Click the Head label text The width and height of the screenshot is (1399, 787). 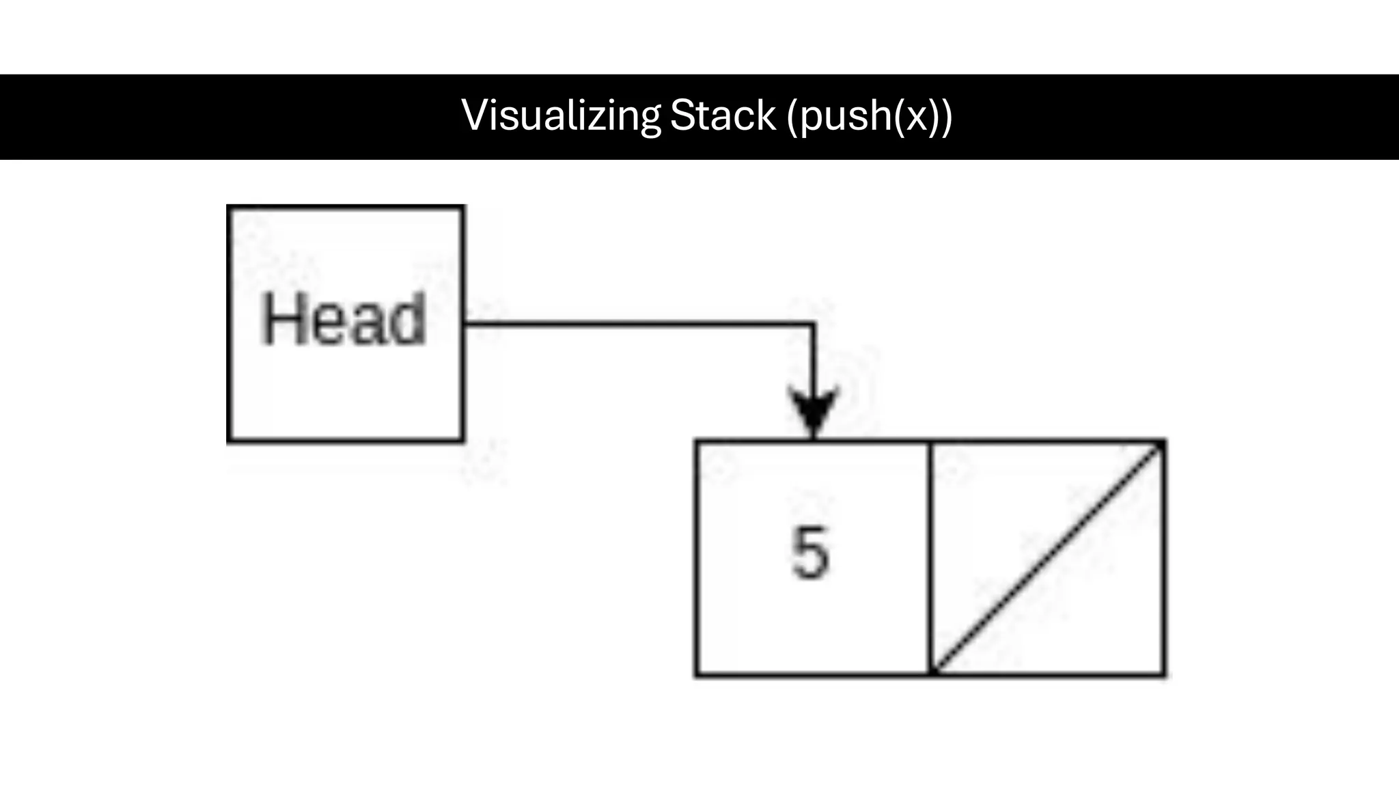pyautogui.click(x=344, y=320)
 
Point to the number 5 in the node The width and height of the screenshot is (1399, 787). pyautogui.click(x=811, y=554)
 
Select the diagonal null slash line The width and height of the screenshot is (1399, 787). pyautogui.click(x=1048, y=557)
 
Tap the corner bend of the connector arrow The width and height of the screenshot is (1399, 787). pyautogui.click(x=813, y=324)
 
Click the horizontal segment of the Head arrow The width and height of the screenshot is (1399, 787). pyautogui.click(x=635, y=324)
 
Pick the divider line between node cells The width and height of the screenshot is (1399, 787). pyautogui.click(x=930, y=557)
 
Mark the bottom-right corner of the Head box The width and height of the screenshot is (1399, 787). pyautogui.click(x=462, y=440)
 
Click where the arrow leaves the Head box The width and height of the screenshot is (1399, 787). pyautogui.click(x=465, y=324)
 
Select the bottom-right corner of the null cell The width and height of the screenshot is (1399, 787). pyautogui.click(x=1163, y=674)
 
